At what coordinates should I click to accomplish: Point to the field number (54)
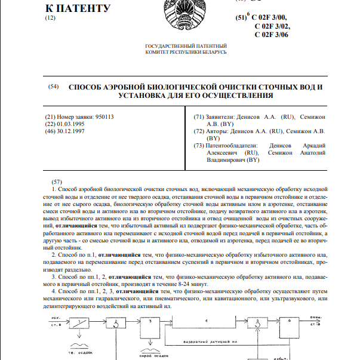click(53, 87)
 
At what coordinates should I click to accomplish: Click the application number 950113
click(102, 116)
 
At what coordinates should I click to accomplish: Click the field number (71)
click(200, 116)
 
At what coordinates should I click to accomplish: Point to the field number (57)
click(57, 181)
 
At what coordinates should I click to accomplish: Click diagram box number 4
click(206, 321)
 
